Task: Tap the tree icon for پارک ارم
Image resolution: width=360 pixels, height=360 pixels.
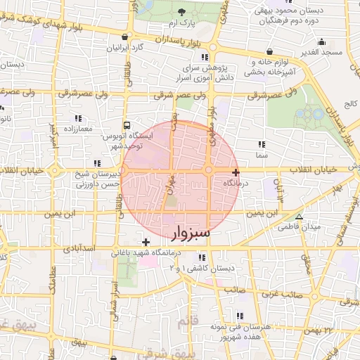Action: coord(182,11)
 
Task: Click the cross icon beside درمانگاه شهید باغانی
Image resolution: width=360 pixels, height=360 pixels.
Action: coord(146,242)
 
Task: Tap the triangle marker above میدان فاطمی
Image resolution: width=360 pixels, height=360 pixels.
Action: coord(300,217)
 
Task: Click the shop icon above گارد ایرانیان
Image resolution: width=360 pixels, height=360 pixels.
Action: coord(125,37)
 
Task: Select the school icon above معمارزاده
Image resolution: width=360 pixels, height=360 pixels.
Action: coord(78,117)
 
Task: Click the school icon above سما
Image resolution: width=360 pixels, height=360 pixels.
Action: coord(262,143)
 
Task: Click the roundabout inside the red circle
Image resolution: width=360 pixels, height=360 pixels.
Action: coord(210,171)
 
